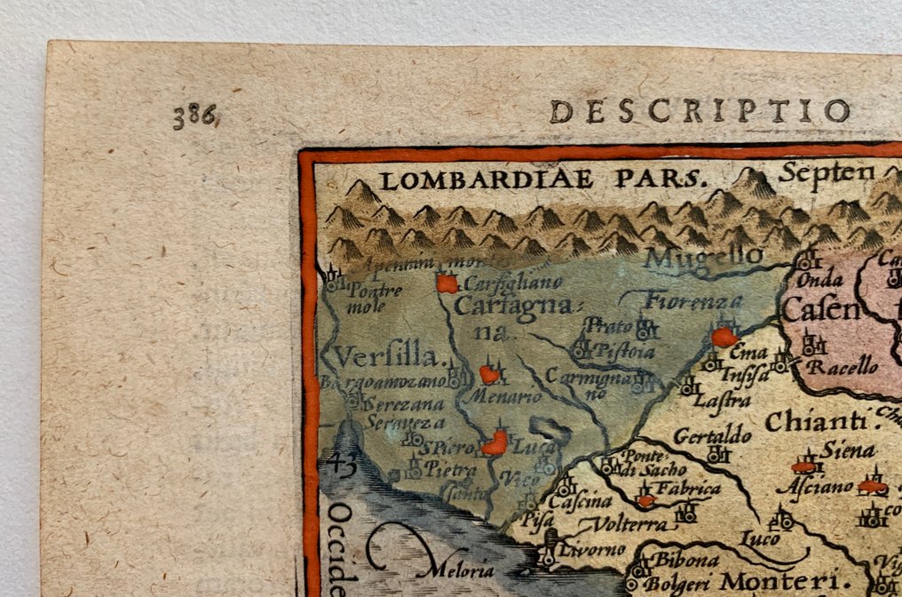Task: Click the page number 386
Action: coord(195,115)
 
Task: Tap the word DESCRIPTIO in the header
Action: coord(700,112)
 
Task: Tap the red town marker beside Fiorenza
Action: coord(724,337)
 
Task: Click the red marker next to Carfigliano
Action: coord(447,284)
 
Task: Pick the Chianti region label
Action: coord(816,420)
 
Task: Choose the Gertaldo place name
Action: coord(712,435)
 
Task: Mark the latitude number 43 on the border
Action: coord(339,462)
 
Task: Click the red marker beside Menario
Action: coord(488,375)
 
